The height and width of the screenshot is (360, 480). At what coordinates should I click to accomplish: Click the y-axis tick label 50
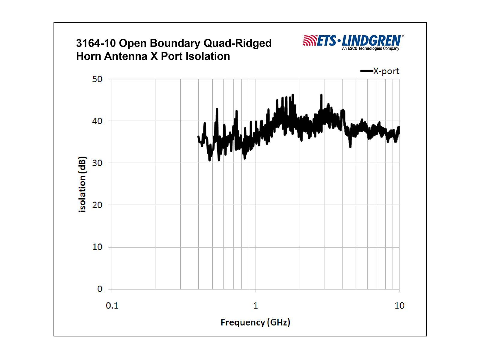pyautogui.click(x=97, y=79)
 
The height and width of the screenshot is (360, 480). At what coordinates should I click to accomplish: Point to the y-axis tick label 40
pyautogui.click(x=97, y=121)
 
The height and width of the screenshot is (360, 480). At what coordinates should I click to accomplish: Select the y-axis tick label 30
pyautogui.click(x=97, y=163)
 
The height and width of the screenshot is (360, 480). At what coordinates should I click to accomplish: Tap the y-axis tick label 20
pyautogui.click(x=97, y=205)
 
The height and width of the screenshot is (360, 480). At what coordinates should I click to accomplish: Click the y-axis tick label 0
pyautogui.click(x=100, y=289)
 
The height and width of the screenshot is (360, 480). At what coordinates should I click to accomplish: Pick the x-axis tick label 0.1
pyautogui.click(x=112, y=306)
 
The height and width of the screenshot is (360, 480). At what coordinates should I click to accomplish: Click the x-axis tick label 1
pyautogui.click(x=256, y=306)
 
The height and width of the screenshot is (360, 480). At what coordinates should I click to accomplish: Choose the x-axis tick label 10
pyautogui.click(x=399, y=306)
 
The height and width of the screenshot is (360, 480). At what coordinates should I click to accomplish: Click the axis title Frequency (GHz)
pyautogui.click(x=255, y=322)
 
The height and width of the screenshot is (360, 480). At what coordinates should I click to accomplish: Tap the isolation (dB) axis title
pyautogui.click(x=82, y=184)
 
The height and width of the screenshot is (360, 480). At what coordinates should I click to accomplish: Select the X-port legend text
pyautogui.click(x=386, y=71)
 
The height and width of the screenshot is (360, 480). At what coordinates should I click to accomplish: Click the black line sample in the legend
pyautogui.click(x=366, y=71)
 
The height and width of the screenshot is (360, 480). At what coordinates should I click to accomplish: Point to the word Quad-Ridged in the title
pyautogui.click(x=237, y=43)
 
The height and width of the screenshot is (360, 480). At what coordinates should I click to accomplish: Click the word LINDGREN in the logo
pyautogui.click(x=371, y=41)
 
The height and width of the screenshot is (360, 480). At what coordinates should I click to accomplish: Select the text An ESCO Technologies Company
pyautogui.click(x=370, y=49)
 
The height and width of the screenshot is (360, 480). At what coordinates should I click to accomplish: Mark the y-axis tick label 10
pyautogui.click(x=97, y=247)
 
